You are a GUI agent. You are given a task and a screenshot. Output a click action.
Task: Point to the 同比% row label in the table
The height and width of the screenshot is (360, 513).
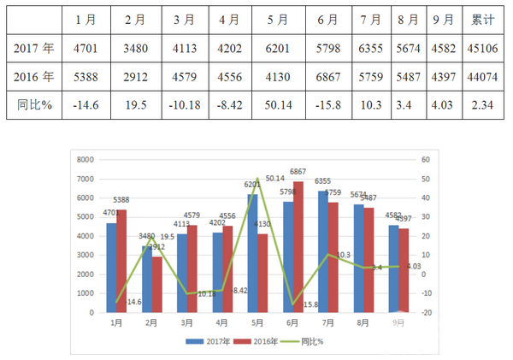point(35,107)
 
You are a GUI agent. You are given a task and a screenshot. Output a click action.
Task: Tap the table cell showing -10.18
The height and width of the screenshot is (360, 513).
point(184,107)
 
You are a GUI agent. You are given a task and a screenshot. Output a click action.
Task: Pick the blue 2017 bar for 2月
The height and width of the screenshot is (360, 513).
point(147,279)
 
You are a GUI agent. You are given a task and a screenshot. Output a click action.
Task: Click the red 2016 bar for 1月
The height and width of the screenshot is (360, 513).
point(122,261)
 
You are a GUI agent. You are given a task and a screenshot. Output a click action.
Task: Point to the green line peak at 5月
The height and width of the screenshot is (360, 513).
point(257,179)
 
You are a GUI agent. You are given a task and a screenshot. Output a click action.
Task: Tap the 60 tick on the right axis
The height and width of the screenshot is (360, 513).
point(425,160)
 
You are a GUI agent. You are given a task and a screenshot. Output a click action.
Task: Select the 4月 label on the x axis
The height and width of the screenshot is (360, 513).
point(221,323)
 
